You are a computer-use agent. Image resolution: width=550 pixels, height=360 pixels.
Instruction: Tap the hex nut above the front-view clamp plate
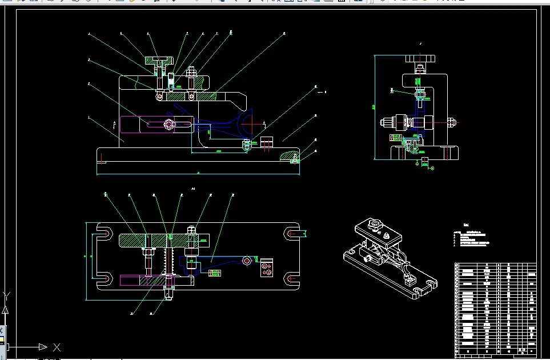pos(191,73)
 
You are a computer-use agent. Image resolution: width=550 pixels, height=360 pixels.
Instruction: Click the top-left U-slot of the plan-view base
pos(103,233)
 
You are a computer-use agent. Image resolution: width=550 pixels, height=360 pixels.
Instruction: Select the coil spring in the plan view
pos(168,261)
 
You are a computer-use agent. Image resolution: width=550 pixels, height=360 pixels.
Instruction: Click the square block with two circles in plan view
pos(266,268)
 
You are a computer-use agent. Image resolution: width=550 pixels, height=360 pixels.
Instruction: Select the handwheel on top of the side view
pos(420,58)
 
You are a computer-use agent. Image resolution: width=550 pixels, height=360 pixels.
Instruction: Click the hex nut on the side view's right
pos(451,122)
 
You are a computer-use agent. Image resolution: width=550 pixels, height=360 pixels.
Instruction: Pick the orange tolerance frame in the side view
pos(394,137)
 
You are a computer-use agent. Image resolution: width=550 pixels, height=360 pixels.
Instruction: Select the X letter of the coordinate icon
pos(57,347)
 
